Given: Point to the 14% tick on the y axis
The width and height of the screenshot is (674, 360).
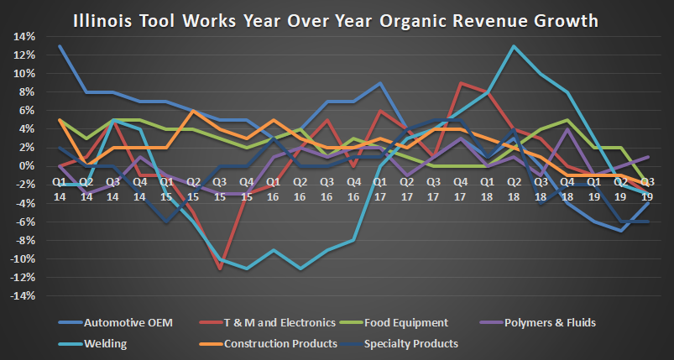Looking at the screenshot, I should coord(23,36).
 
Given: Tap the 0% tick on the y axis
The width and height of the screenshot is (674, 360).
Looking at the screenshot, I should coord(26,166).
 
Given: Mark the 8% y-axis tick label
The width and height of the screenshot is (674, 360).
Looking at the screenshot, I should coord(26,92).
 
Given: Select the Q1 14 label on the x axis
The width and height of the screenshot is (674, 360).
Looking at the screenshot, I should coord(60,187).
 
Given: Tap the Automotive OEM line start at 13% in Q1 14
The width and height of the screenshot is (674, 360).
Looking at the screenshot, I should coord(60,46).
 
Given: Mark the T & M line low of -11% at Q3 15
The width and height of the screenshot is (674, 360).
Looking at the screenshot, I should coord(220,269).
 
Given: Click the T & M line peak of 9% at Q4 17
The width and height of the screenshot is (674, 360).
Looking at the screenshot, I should coord(460,83).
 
